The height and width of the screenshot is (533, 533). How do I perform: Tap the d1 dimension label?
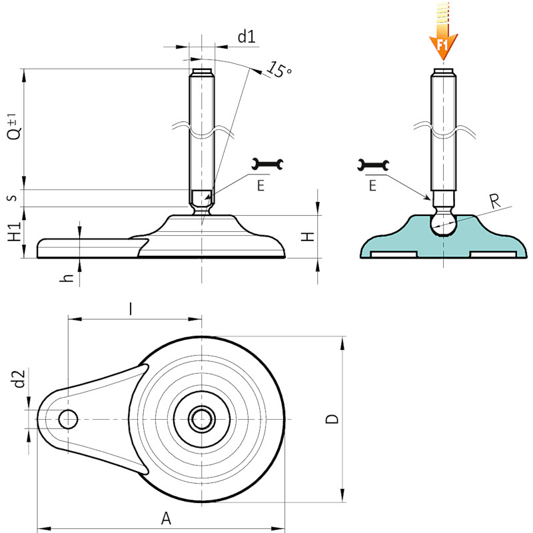247,37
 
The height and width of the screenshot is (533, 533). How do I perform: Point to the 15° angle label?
279,70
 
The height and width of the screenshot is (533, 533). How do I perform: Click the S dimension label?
12,198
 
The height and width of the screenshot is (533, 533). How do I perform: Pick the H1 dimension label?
15,231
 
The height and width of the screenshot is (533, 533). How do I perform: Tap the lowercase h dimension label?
67,277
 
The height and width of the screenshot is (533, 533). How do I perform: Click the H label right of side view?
308,237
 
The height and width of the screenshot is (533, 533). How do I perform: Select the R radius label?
495,201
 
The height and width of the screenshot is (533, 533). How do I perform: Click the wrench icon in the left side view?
267,164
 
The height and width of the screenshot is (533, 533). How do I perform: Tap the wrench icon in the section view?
373,165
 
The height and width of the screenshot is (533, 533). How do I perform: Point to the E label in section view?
372,186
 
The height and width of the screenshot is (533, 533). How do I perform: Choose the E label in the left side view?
261,186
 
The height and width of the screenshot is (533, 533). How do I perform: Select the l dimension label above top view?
131,309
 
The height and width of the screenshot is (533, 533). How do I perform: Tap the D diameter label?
332,419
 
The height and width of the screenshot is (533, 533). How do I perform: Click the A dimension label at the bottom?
166,519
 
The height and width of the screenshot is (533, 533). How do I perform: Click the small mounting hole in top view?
68,419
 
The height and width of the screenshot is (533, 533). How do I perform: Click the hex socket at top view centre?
202,419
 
